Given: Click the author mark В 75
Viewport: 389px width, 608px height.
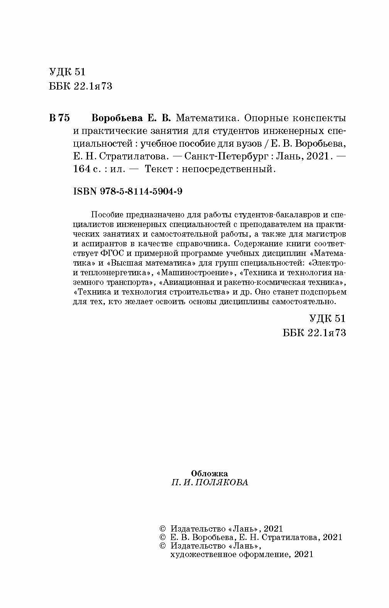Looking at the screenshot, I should point(59,118).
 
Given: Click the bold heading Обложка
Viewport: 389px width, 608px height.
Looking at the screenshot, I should point(210,473).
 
